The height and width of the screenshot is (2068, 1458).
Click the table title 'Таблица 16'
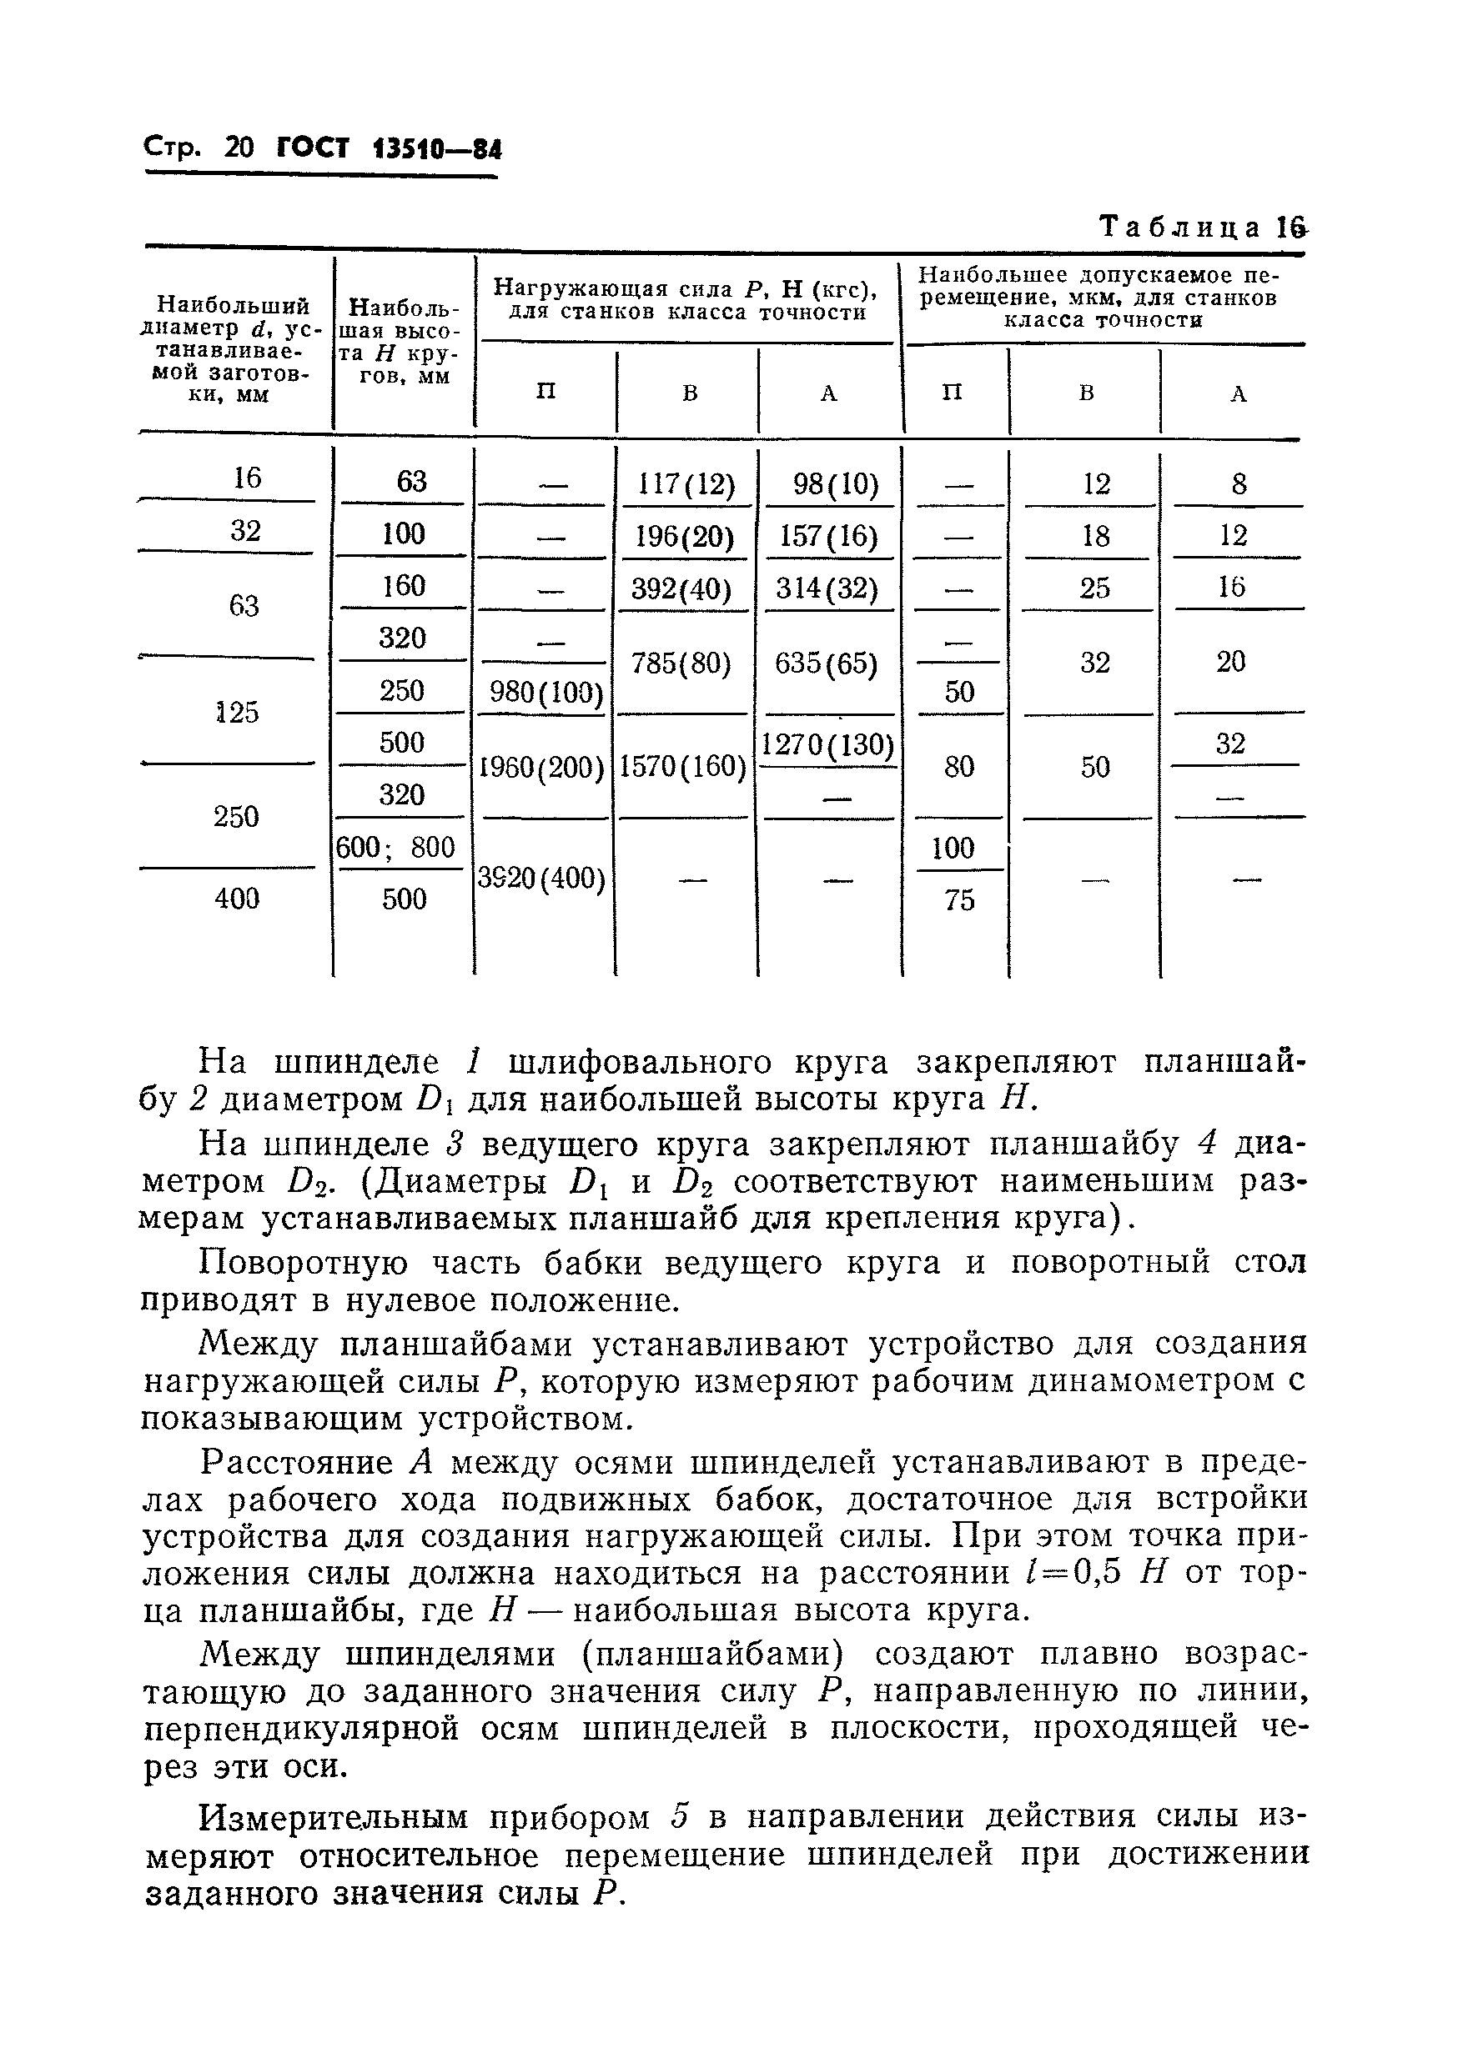tap(1202, 228)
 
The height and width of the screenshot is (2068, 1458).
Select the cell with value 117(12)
tap(686, 485)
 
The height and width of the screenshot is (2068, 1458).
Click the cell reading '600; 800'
tap(395, 847)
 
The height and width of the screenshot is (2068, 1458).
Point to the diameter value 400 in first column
tap(237, 898)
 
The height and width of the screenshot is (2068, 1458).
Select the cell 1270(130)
tap(827, 745)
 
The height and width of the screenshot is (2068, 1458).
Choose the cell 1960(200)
tap(540, 768)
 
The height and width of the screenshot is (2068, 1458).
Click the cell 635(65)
tap(827, 663)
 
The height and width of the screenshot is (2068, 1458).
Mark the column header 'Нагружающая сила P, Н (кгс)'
tap(686, 300)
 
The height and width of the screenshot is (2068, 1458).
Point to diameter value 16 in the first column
tap(246, 478)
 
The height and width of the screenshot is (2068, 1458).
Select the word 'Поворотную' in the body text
tap(303, 1263)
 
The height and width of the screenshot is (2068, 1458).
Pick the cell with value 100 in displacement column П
tap(953, 848)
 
